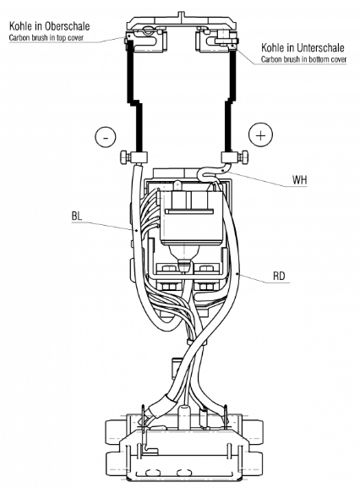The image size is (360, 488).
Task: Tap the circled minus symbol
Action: click(x=106, y=137)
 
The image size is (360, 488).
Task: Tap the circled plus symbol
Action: click(x=260, y=135)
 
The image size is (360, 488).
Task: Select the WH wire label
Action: click(x=299, y=179)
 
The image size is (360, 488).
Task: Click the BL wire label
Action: click(x=77, y=216)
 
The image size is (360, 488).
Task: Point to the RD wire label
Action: click(x=279, y=276)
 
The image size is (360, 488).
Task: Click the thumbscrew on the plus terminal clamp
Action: click(x=243, y=157)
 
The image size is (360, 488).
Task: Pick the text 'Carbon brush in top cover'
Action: click(x=46, y=38)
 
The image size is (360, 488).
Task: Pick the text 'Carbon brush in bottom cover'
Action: click(x=303, y=59)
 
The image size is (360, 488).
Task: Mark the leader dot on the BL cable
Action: click(x=137, y=231)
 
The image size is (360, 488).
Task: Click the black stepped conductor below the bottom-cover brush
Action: click(x=231, y=101)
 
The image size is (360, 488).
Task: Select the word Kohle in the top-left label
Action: click(x=21, y=26)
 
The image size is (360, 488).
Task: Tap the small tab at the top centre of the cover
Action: click(x=182, y=15)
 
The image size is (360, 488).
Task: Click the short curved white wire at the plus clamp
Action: click(x=212, y=172)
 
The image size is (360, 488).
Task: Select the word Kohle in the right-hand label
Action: click(x=274, y=47)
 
